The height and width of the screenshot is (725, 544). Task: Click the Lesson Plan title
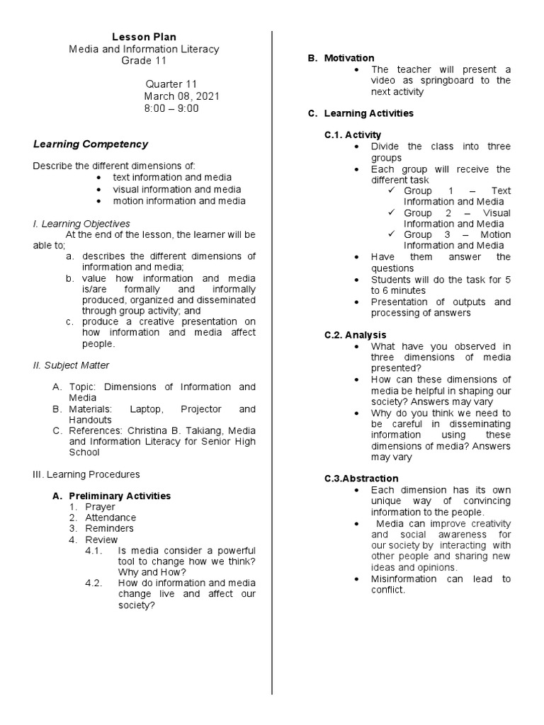point(144,37)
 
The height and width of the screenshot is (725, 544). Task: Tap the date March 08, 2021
point(177,96)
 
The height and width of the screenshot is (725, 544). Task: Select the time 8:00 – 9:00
point(171,108)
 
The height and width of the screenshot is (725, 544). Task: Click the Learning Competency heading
point(91,144)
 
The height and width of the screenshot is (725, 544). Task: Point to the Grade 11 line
point(144,61)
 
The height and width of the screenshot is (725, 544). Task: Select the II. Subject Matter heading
point(72,365)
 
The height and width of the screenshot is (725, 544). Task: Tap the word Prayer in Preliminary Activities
point(100,507)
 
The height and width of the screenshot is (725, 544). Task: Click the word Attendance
point(110,518)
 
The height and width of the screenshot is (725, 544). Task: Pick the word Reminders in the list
point(109,528)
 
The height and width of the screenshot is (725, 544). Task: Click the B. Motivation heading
point(341,58)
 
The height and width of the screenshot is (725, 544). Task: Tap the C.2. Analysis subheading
point(356,335)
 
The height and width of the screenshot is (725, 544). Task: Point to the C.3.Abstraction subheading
point(361,479)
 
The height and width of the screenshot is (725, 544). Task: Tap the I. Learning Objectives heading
point(81,224)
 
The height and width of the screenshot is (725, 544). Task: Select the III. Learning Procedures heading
point(86,474)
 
